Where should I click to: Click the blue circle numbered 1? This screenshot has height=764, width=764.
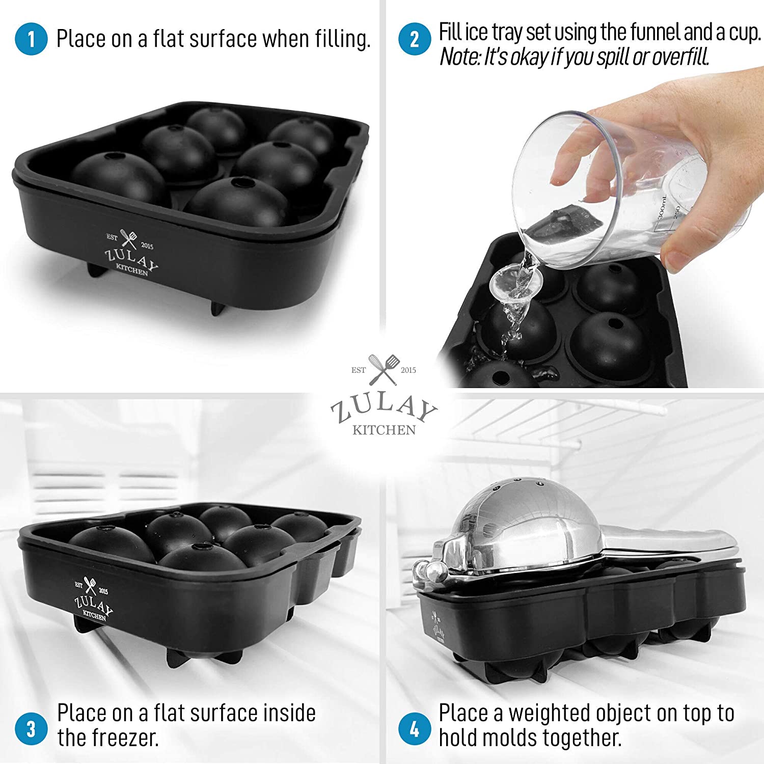[x=31, y=39]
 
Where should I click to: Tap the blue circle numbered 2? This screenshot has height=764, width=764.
[x=415, y=39]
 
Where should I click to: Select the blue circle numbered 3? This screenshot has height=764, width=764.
[x=31, y=728]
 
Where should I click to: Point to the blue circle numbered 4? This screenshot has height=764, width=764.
[x=415, y=728]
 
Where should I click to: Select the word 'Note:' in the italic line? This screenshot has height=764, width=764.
[x=460, y=57]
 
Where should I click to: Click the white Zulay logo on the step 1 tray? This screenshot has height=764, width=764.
[x=130, y=254]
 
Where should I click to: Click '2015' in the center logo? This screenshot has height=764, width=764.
[x=408, y=370]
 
